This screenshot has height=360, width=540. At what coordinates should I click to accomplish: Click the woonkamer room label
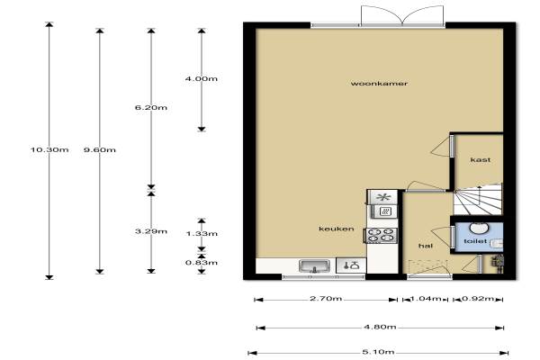[x=379, y=84]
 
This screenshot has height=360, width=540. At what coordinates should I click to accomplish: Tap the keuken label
[x=336, y=229]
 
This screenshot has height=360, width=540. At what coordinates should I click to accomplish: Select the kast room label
[x=481, y=159]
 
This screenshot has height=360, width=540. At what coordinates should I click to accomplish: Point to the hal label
[x=426, y=246]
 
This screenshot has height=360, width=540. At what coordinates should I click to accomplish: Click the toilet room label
[x=475, y=241]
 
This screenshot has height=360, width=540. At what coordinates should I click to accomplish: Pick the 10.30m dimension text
[x=49, y=149]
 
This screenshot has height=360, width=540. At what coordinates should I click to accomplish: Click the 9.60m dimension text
[x=100, y=149]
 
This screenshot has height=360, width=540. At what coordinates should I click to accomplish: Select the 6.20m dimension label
[x=151, y=107]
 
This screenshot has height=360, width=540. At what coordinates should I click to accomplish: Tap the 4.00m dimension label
[x=201, y=78]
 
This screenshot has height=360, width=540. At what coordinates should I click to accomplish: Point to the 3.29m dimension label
[x=151, y=231]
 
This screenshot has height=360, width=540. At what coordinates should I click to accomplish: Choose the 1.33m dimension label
[x=202, y=234]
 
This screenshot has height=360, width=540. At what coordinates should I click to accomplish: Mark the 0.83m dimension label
[x=202, y=263]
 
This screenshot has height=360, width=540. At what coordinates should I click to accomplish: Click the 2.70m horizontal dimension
[x=326, y=298]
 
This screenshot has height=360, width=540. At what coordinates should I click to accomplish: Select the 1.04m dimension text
[x=426, y=298]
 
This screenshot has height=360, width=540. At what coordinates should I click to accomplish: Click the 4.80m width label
[x=380, y=326]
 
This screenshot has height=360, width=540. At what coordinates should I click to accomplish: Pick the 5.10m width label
[x=378, y=352]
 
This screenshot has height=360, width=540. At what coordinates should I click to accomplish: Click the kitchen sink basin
[x=314, y=266]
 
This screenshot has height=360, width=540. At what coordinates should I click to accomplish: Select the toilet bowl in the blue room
[x=479, y=228]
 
